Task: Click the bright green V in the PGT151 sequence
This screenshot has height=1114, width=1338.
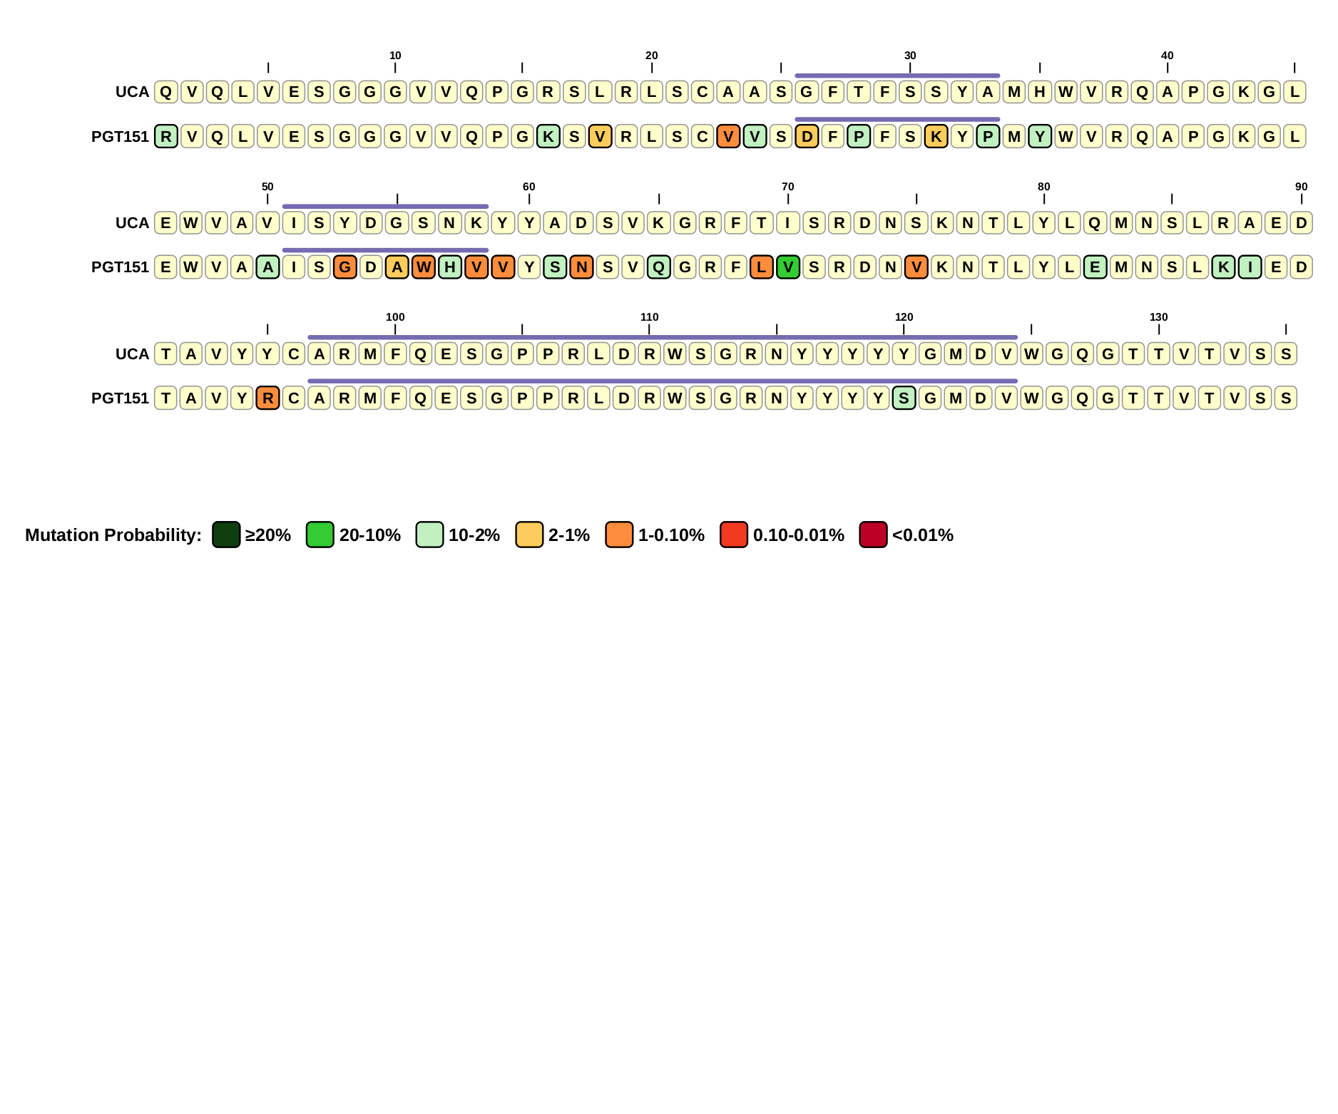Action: (787, 267)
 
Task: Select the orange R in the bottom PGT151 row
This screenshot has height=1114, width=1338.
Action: (267, 398)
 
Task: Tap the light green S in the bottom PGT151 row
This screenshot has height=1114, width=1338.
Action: (904, 398)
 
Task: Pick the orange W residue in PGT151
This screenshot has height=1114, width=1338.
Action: (424, 267)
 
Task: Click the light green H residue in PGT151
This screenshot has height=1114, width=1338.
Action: (449, 267)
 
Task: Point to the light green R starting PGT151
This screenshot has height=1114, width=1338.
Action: (166, 136)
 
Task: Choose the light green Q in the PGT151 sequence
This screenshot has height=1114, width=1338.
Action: (658, 267)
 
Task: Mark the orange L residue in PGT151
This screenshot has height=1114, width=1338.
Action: (762, 267)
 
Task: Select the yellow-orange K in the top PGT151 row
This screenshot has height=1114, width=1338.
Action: (936, 136)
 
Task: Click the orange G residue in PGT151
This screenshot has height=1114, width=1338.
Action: (345, 267)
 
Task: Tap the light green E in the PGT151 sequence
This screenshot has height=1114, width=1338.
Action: (1095, 267)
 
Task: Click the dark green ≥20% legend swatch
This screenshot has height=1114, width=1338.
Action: (226, 535)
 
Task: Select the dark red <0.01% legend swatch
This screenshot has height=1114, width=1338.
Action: (873, 535)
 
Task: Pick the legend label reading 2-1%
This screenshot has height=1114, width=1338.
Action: (568, 535)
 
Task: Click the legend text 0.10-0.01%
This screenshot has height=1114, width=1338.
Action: (798, 535)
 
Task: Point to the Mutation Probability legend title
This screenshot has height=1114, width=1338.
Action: (113, 535)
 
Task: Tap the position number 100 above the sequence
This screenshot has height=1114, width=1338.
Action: (395, 317)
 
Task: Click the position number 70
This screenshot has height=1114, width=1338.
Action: (787, 187)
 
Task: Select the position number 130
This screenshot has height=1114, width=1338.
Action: (1158, 317)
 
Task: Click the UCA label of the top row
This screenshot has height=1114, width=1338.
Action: (132, 92)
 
